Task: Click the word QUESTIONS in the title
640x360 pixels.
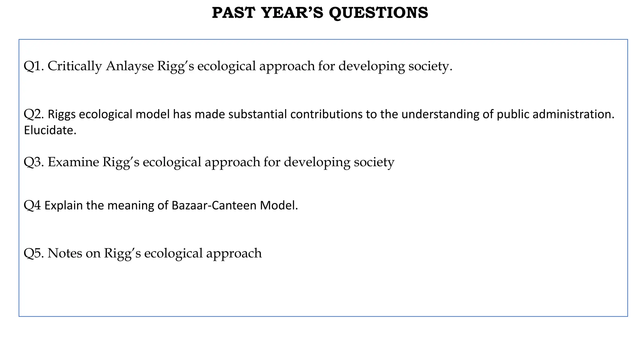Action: point(378,13)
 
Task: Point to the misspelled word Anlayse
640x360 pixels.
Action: point(130,66)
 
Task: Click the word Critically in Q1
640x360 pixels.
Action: point(74,66)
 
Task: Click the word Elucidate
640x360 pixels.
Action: point(50,130)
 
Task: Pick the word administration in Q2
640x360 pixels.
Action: point(573,114)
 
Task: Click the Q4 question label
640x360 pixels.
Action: point(32,206)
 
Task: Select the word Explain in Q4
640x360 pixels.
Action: point(63,206)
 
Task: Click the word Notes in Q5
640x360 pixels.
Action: point(65,253)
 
